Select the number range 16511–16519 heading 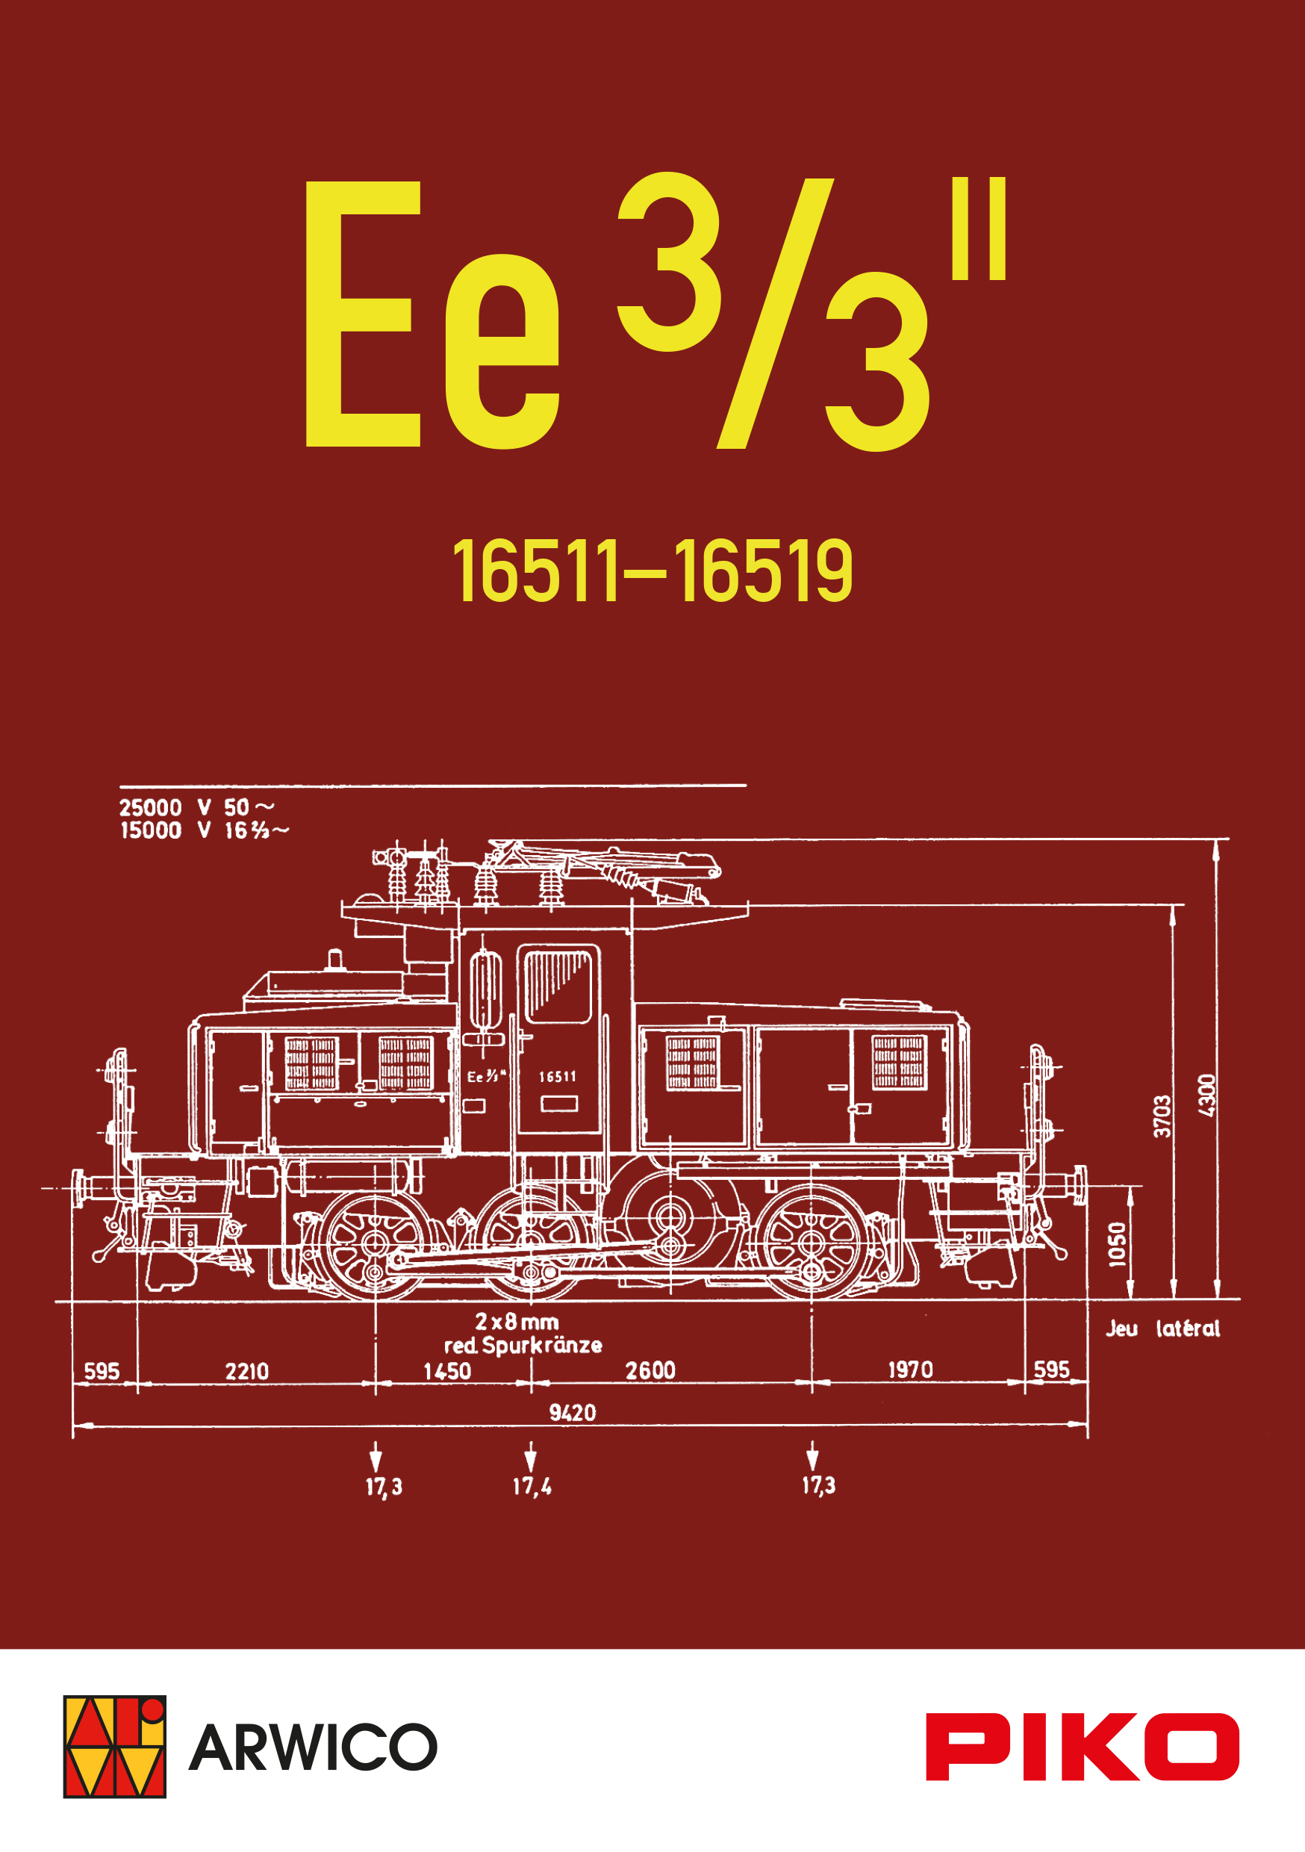coord(652,571)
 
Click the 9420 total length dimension coord(573,1412)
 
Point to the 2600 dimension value coord(650,1370)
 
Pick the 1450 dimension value coord(447,1371)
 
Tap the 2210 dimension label coord(247,1371)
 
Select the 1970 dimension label coord(911,1370)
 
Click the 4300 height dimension coord(1206,1096)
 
